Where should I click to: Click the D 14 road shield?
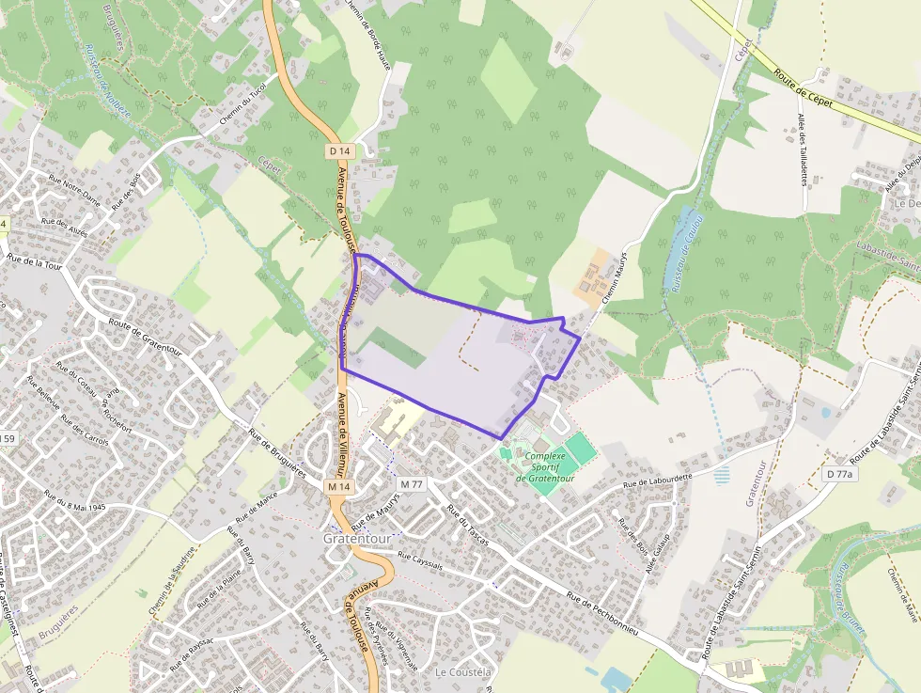pos(340,150)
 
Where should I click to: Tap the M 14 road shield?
pos(339,487)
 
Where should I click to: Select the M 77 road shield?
pos(412,483)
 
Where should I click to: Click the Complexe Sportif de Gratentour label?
pos(545,467)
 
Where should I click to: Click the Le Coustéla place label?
pos(463,672)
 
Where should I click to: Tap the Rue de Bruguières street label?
pos(278,454)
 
